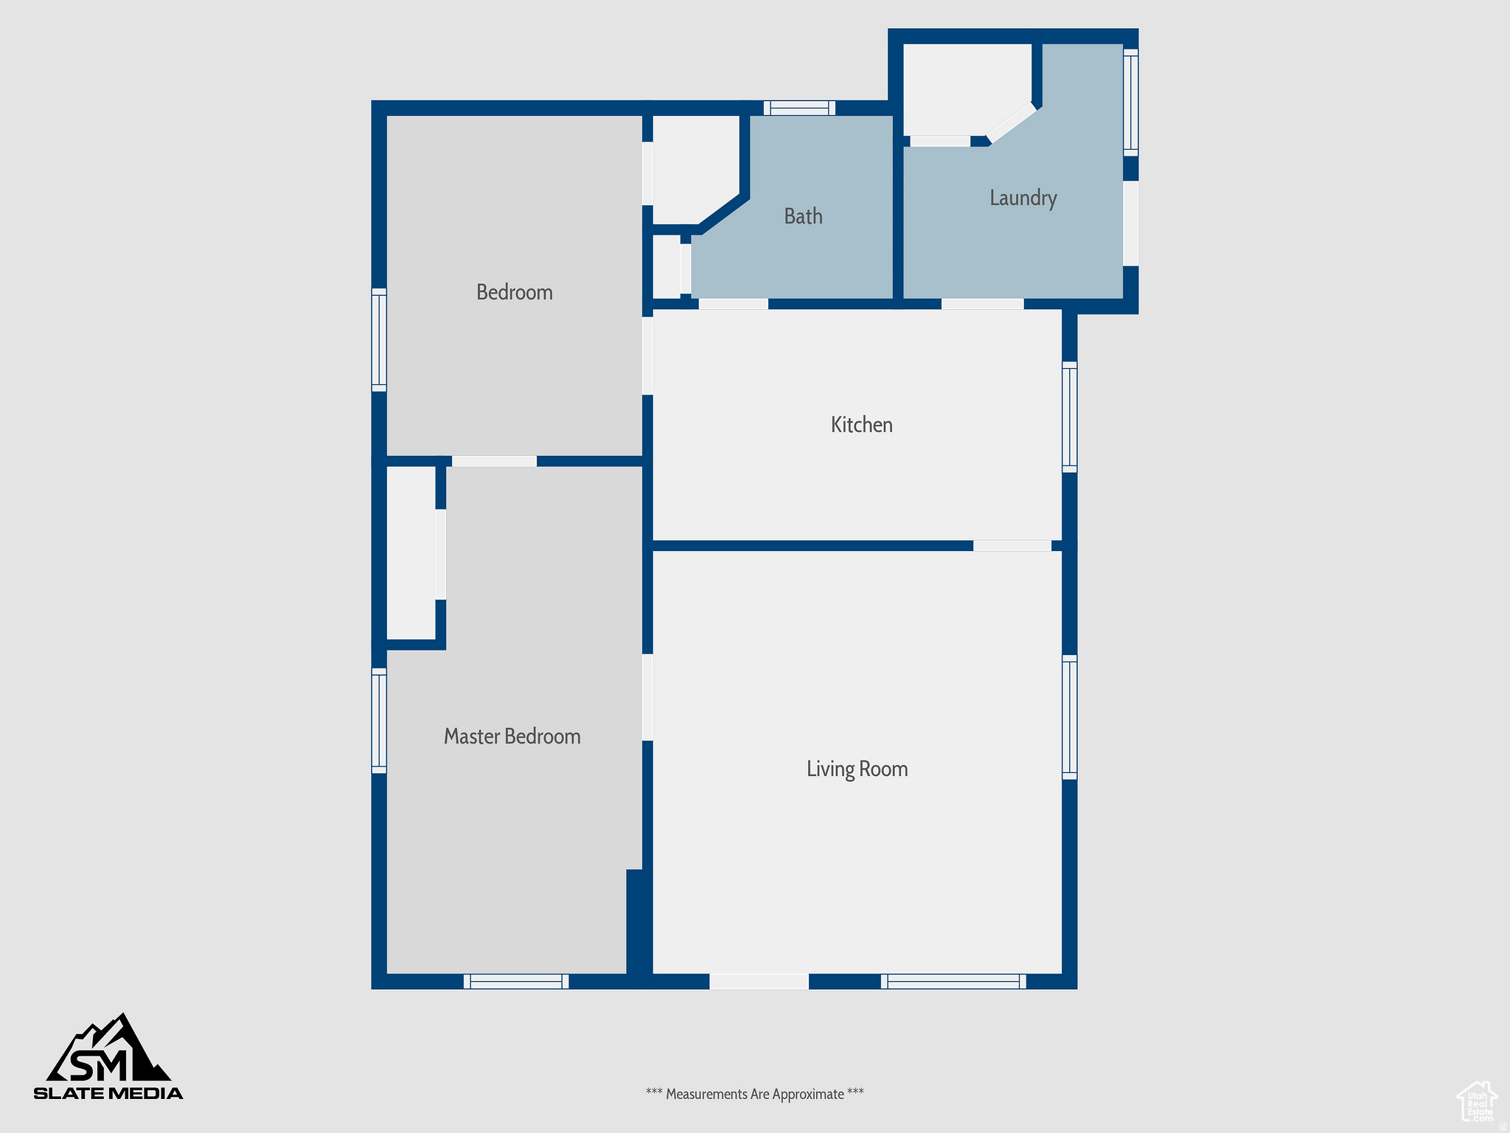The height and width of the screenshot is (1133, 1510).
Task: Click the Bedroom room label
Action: coord(514,292)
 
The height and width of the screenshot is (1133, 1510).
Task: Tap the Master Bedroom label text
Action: coord(512,736)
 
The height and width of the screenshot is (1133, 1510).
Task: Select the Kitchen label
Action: coord(861,425)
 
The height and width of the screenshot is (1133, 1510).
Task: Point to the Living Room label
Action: coord(857,769)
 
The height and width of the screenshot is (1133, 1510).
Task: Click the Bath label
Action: coord(803,216)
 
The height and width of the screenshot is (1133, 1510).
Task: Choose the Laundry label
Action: coord(1023,198)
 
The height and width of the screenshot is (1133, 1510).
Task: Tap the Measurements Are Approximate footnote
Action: coord(754,1094)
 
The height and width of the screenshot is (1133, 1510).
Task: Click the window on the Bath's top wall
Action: coord(799,108)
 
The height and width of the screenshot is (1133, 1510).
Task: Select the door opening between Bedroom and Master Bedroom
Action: coord(494,461)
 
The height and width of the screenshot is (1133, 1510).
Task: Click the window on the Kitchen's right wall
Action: coord(1069,417)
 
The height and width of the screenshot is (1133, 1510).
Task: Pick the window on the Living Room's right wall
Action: coord(1069,717)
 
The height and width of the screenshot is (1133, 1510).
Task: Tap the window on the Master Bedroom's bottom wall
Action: coord(516,981)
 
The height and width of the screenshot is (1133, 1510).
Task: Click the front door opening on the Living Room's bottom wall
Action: coord(759,981)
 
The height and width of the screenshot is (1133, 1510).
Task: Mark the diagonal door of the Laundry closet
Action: coord(1012,122)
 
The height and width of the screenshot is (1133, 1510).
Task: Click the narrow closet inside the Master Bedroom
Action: coord(411,553)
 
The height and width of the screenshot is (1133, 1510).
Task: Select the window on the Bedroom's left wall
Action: coord(378,339)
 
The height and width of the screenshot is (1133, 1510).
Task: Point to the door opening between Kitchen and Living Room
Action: coord(1012,546)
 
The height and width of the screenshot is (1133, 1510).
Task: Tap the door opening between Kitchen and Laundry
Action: coord(982,304)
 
